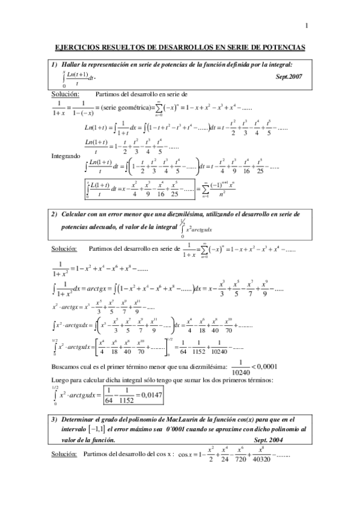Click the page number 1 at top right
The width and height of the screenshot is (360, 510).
[307, 25]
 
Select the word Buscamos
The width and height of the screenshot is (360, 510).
[63, 367]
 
